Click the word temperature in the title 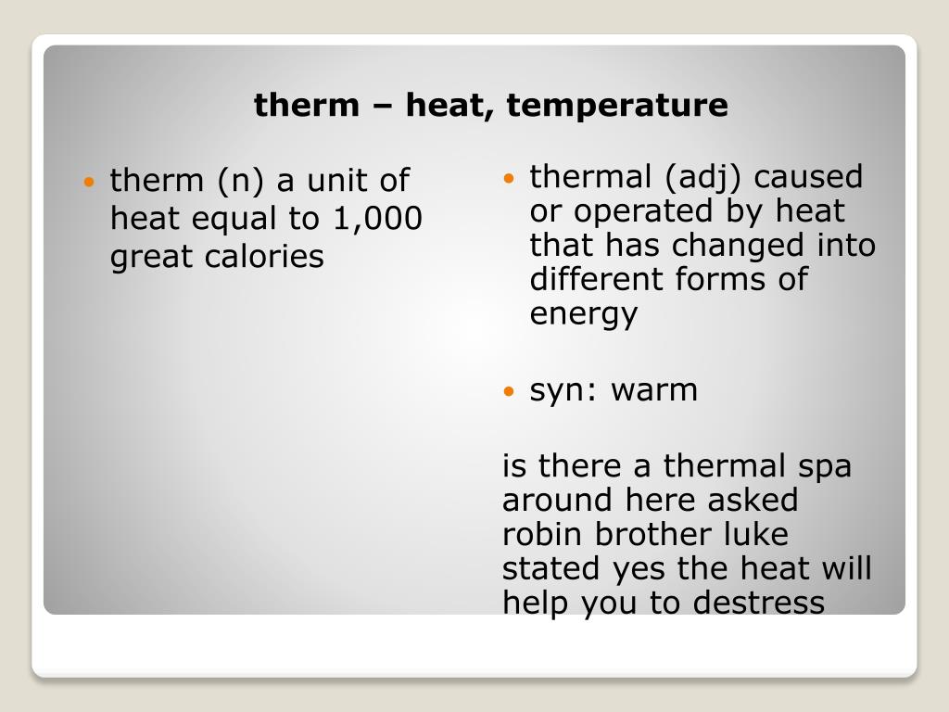pos(617,106)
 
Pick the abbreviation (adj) pos(681,176)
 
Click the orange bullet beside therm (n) pos(89,182)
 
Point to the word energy pos(583,315)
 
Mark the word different pos(594,280)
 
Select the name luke pos(756,535)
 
